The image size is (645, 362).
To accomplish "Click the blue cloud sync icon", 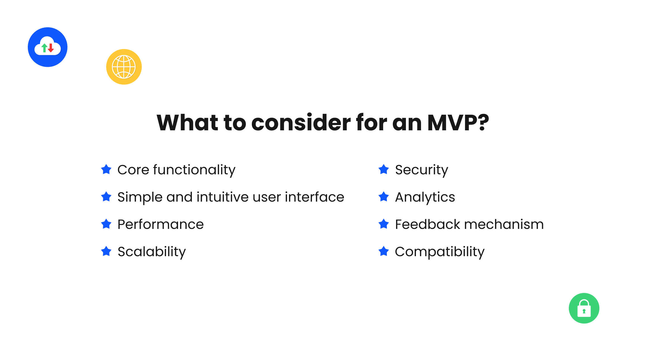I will pyautogui.click(x=48, y=47).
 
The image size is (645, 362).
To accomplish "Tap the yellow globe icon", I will pyautogui.click(x=124, y=67).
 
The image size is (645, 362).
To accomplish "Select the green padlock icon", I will pyautogui.click(x=584, y=308).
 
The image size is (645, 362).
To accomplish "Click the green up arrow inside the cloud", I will pyautogui.click(x=44, y=48).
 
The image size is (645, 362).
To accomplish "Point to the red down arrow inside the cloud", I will pyautogui.click(x=51, y=48).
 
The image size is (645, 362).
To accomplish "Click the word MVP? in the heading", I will pyautogui.click(x=458, y=123).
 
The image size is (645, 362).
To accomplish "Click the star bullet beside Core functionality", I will pyautogui.click(x=106, y=169).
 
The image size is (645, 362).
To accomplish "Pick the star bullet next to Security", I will pyautogui.click(x=384, y=169).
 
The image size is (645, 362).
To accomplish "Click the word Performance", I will pyautogui.click(x=160, y=224).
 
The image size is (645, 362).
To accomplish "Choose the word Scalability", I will pyautogui.click(x=152, y=252).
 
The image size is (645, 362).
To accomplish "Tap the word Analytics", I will pyautogui.click(x=425, y=197).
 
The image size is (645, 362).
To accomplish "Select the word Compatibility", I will pyautogui.click(x=440, y=252).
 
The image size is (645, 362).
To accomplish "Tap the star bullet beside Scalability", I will pyautogui.click(x=106, y=251).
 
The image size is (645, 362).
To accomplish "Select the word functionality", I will pyautogui.click(x=194, y=170).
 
